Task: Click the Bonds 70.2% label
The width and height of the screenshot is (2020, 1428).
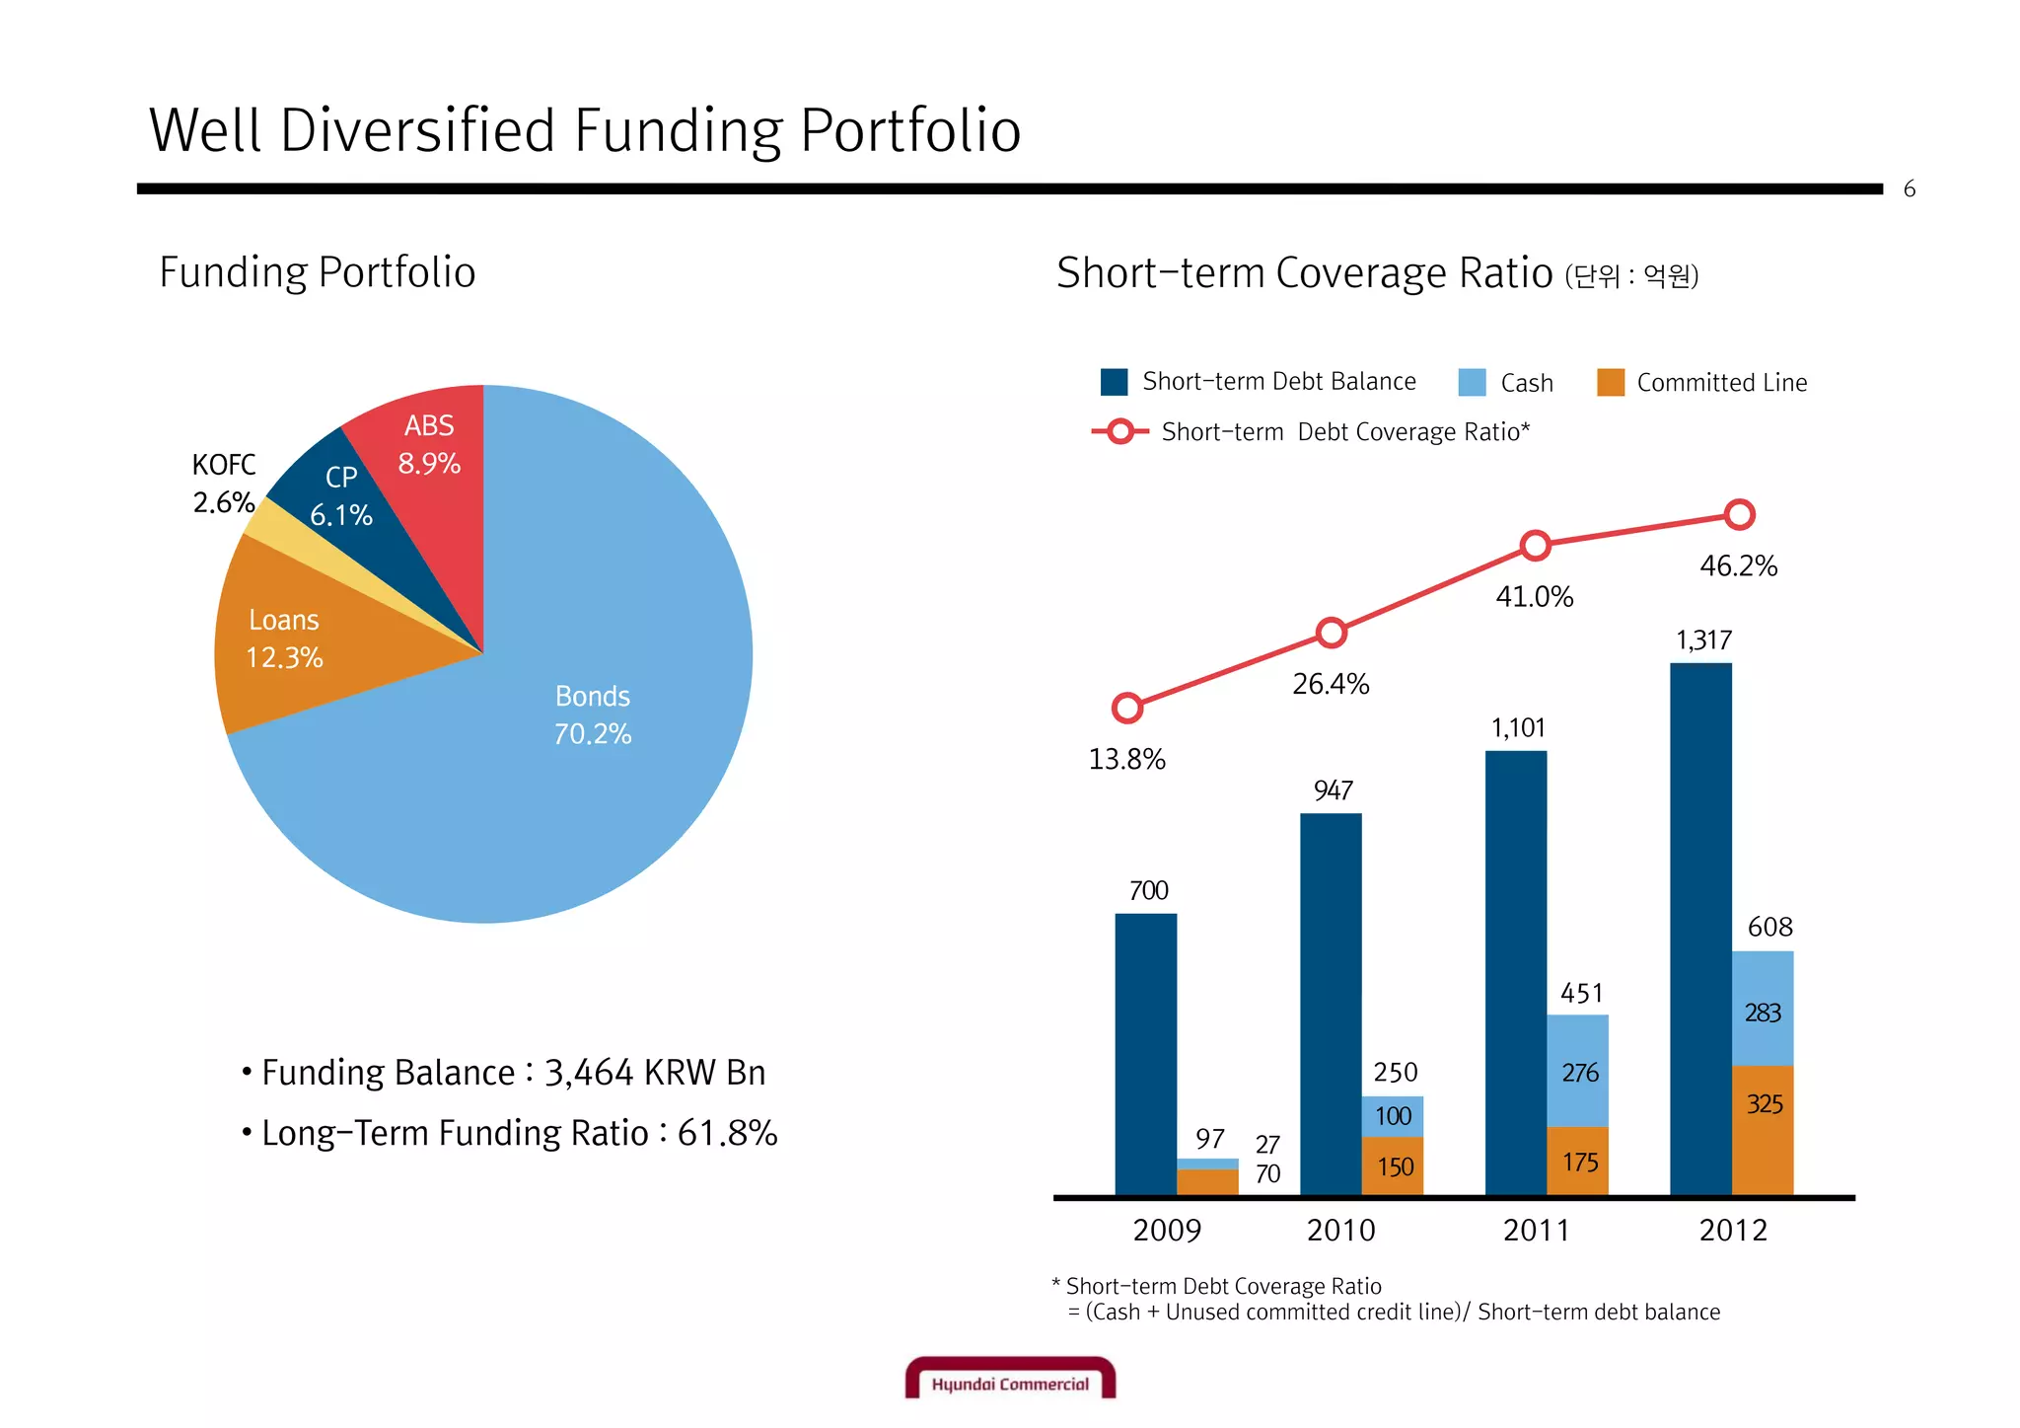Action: click(592, 715)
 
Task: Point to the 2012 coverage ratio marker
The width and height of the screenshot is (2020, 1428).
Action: click(1740, 514)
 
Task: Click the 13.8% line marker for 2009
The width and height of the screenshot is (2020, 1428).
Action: click(1126, 708)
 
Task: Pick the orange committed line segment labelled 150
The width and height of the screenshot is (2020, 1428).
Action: click(1393, 1166)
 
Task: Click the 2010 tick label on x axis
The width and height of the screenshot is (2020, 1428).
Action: click(1340, 1231)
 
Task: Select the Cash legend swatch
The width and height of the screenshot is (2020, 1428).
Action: click(1472, 383)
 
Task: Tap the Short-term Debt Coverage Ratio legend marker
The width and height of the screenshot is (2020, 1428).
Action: click(1120, 431)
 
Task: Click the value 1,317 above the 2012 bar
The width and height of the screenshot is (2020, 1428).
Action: click(1703, 640)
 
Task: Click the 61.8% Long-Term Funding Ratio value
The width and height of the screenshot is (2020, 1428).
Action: click(727, 1133)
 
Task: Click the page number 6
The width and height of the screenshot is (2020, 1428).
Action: click(1909, 189)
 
